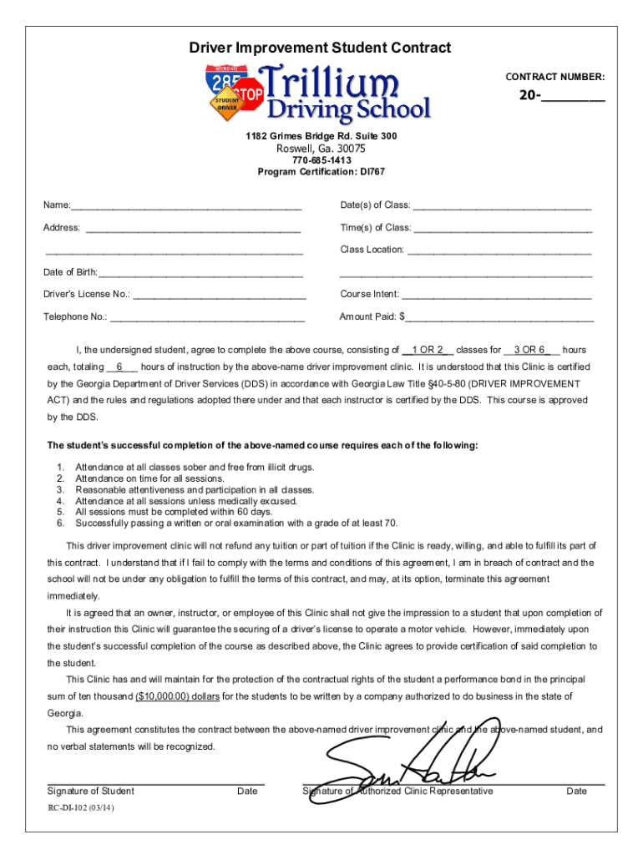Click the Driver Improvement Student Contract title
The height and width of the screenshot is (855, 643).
321,48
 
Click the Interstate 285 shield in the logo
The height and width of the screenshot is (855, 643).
225,84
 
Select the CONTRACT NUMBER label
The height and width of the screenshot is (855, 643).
554,77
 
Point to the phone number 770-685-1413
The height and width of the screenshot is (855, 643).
321,160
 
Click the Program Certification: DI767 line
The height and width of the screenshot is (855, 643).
321,171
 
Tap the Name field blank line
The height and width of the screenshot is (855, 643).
186,206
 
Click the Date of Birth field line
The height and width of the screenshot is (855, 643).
200,272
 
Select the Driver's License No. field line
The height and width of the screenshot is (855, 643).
220,295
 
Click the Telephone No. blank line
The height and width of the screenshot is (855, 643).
207,317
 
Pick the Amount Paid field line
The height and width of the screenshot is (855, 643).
499,317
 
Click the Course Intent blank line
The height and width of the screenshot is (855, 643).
496,295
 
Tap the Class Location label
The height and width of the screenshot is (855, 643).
372,250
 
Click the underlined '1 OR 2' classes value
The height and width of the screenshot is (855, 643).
428,350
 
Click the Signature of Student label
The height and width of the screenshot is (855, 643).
90,792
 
